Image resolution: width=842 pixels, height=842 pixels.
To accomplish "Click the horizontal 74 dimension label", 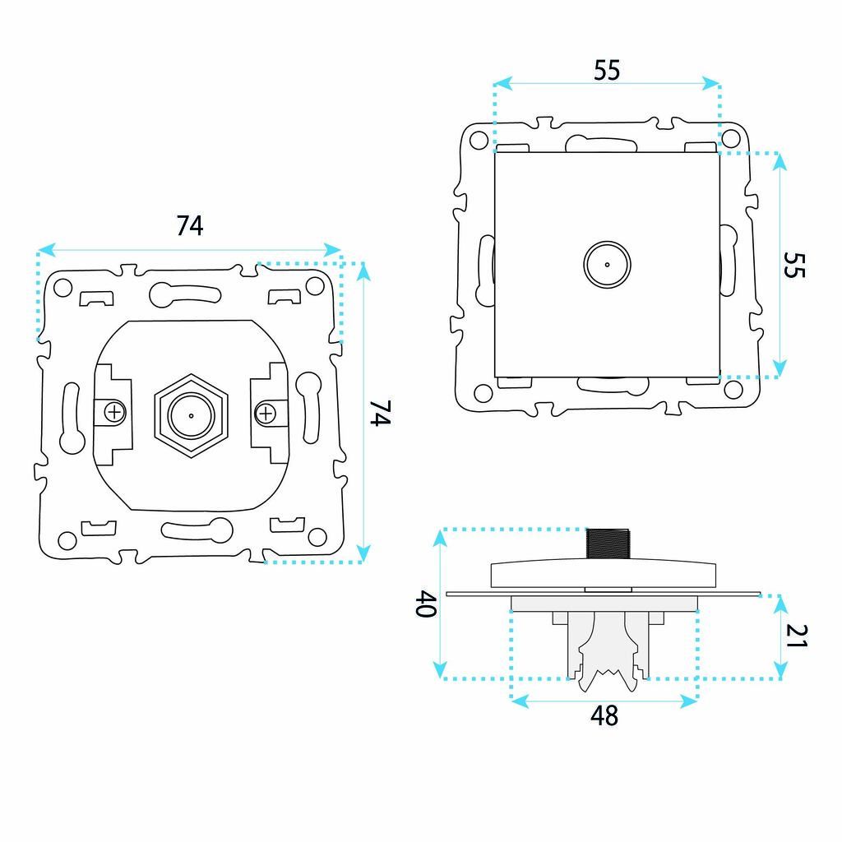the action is (x=190, y=225).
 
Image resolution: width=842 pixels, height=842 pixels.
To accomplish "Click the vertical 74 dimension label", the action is (x=380, y=413).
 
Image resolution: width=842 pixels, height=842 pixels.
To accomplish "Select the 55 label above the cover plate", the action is (x=607, y=71).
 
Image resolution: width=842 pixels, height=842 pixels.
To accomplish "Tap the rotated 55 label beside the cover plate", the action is (x=794, y=265).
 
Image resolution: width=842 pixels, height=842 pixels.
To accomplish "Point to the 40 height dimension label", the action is (x=426, y=604).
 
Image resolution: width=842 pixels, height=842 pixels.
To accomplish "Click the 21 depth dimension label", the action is (x=796, y=636).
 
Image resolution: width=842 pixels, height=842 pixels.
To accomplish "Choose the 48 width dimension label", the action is (x=604, y=716).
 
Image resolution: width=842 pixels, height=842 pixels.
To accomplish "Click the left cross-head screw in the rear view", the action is (x=114, y=413).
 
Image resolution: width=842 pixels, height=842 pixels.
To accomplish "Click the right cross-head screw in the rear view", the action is (x=266, y=414).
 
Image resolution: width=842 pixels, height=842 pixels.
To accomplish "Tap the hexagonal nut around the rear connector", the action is (x=191, y=415).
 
